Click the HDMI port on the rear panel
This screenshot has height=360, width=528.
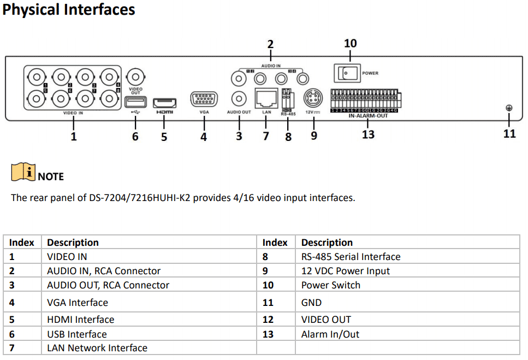click(164, 102)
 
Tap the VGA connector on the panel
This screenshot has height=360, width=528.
click(204, 100)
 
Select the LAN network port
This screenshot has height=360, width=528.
click(266, 99)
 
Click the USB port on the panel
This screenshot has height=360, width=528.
click(135, 102)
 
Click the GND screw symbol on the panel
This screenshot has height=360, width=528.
click(509, 108)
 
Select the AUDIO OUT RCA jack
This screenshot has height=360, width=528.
click(239, 99)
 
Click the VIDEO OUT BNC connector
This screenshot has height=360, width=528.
click(135, 76)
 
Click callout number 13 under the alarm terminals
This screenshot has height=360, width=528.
click(368, 134)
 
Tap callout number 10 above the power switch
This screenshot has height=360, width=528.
click(350, 43)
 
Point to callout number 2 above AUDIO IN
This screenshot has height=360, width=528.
click(270, 44)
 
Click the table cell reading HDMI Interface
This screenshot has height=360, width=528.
click(81, 320)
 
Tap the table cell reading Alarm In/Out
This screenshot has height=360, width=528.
click(330, 334)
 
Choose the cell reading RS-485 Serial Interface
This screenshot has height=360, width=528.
click(351, 257)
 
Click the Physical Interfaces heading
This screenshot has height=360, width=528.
click(69, 10)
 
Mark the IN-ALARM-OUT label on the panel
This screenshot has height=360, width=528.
click(368, 116)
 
